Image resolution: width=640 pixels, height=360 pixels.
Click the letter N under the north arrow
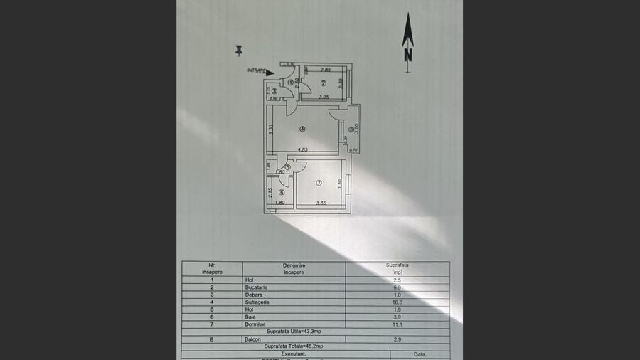(408, 54)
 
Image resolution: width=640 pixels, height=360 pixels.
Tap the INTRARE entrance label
(257, 70)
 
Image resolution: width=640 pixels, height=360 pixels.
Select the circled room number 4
(302, 129)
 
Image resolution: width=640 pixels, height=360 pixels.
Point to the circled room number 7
(319, 184)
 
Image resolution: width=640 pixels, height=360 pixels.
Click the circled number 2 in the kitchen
(323, 83)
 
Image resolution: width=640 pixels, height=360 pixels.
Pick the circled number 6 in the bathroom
(282, 192)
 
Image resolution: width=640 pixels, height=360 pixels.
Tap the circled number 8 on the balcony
(351, 129)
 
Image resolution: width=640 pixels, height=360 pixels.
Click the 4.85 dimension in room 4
(302, 150)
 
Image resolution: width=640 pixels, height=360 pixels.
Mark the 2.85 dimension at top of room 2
(326, 70)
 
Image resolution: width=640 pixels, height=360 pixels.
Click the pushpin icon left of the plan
(239, 50)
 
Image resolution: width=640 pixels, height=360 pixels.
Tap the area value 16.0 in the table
(398, 302)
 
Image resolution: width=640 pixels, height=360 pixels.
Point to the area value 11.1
(398, 324)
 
